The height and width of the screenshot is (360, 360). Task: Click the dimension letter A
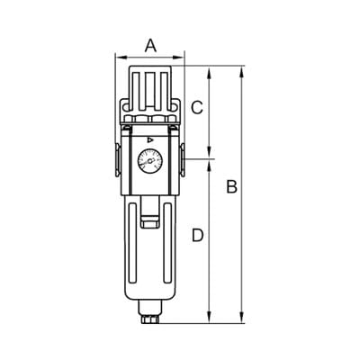pos(150,47)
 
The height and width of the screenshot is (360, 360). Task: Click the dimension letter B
pos(232,186)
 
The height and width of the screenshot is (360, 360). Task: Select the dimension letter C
pos(197,108)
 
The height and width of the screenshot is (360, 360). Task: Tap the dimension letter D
pos(198,235)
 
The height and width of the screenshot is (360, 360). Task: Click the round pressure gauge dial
pos(150,161)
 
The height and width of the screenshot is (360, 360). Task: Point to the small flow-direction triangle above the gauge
pos(150,139)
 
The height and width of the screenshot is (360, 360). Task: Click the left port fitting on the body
pos(118,160)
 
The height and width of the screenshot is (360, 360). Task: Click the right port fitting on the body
pos(183,160)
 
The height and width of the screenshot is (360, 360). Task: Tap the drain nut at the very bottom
pos(150,319)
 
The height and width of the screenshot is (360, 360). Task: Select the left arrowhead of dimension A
pos(120,57)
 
